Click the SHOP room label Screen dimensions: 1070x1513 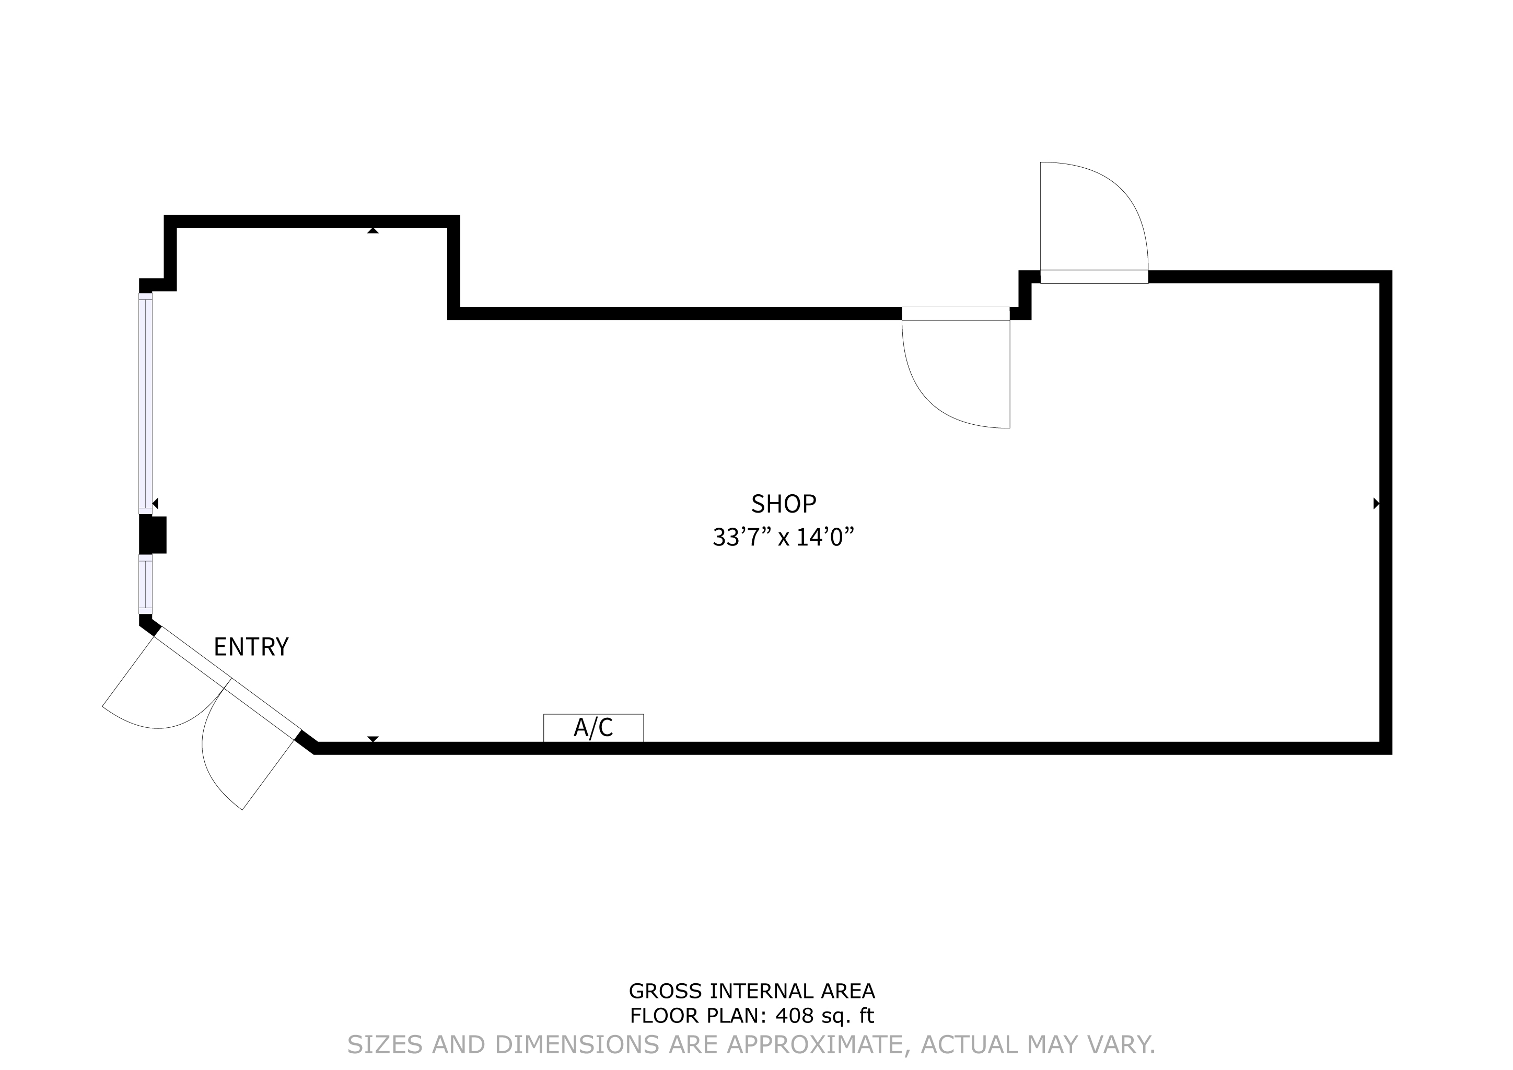[x=784, y=504]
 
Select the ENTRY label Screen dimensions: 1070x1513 [x=251, y=647]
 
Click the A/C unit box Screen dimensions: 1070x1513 [x=593, y=727]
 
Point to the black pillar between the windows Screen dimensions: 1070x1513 [x=152, y=534]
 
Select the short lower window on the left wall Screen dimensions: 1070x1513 [x=145, y=584]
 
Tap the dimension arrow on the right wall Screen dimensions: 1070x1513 [x=1376, y=503]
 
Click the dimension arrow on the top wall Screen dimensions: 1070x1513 [x=373, y=230]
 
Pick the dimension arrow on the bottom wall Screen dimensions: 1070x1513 [x=373, y=739]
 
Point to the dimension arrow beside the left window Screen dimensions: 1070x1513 [x=156, y=503]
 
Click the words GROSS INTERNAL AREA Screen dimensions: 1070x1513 [x=752, y=1009]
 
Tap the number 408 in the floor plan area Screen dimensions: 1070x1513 [x=795, y=1034]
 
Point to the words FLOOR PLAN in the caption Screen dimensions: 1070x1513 [x=694, y=1034]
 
